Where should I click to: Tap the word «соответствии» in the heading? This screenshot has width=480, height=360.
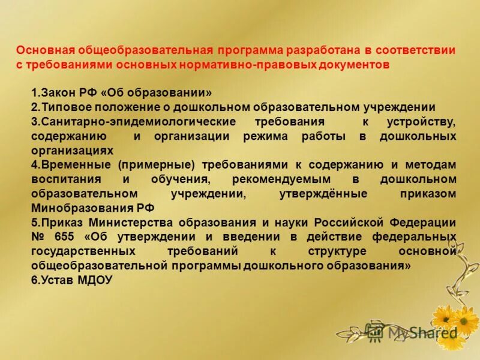pyautogui.click(x=416, y=50)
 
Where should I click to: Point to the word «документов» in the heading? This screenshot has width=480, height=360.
pyautogui.click(x=353, y=64)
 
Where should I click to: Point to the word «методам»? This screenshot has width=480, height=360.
pyautogui.click(x=430, y=165)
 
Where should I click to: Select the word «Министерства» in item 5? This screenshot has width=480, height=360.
pyautogui.click(x=128, y=223)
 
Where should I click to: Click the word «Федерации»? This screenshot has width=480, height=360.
pyautogui.click(x=423, y=223)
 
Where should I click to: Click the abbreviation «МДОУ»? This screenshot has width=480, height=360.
pyautogui.click(x=94, y=280)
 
